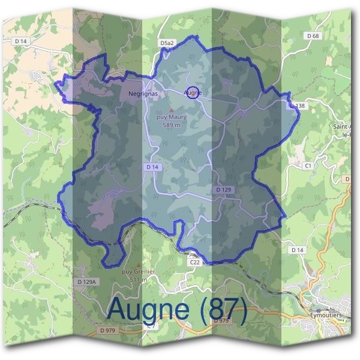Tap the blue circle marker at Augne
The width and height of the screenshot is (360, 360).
tap(192, 92)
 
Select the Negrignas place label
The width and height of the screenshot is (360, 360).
tap(142, 94)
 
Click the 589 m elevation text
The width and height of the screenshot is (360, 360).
tap(171, 125)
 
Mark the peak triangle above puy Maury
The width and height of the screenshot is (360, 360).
tap(171, 110)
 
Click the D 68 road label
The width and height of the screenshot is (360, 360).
tap(313, 36)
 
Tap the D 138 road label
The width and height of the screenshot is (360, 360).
tap(298, 106)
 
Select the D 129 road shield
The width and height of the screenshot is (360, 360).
tap(223, 190)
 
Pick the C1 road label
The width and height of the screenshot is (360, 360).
tap(308, 164)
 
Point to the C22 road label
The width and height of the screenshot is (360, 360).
tap(194, 262)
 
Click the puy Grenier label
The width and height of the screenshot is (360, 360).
tap(139, 272)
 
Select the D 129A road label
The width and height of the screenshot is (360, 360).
tap(87, 281)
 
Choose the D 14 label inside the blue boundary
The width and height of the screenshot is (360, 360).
tap(151, 166)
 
